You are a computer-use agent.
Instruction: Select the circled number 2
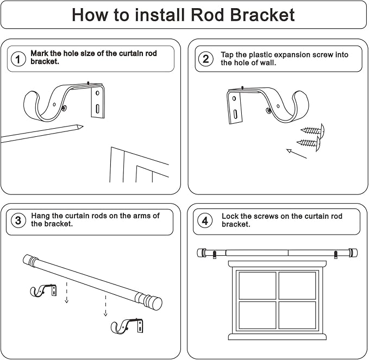tap(205, 59)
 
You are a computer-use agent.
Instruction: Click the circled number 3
tap(18, 220)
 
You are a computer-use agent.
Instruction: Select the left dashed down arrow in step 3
tap(66, 293)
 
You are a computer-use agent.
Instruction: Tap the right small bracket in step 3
tap(128, 326)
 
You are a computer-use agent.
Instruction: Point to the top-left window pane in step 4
tap(257, 285)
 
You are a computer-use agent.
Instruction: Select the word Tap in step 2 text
tap(228, 55)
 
